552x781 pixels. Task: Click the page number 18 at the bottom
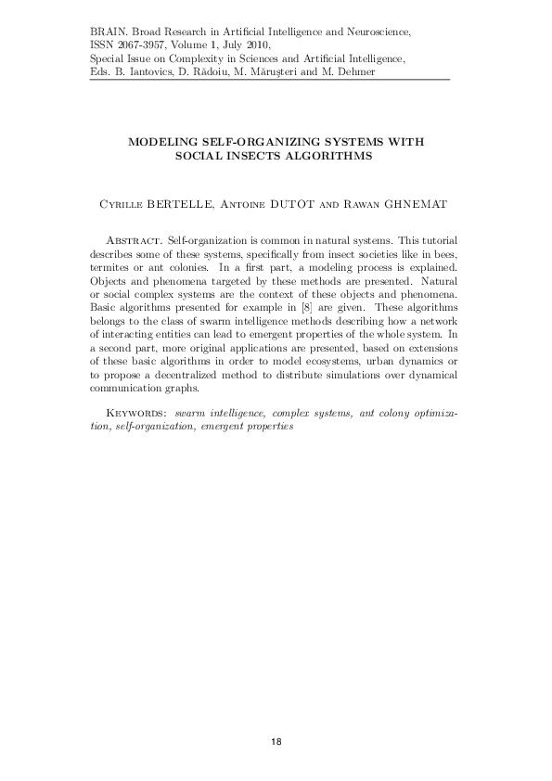[x=276, y=741]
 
